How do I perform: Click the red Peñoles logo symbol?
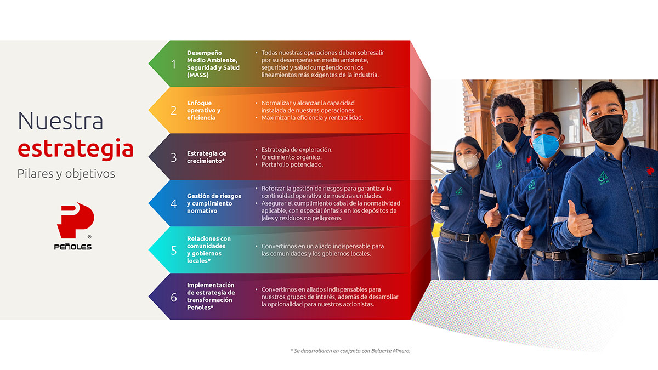(75, 220)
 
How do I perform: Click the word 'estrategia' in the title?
(76, 149)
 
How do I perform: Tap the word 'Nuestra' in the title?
(60, 121)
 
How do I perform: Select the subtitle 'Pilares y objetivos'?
(66, 174)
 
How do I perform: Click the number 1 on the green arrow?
(174, 64)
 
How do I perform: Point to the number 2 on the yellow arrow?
(174, 110)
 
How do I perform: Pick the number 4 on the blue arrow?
(174, 203)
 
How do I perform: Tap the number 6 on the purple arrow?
(174, 297)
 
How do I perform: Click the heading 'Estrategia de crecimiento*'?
(207, 157)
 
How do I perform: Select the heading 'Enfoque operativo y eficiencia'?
(203, 110)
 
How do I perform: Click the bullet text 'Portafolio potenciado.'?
(292, 164)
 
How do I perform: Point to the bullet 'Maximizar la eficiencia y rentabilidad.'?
(312, 118)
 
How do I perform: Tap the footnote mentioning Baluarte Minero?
(350, 351)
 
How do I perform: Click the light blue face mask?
(546, 146)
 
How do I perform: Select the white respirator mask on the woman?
(468, 161)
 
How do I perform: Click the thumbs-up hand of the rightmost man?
(578, 220)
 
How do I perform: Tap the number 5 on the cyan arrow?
(174, 251)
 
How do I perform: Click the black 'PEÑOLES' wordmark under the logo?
(73, 247)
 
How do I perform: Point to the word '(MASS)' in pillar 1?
(198, 75)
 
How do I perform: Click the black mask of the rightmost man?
(606, 129)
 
